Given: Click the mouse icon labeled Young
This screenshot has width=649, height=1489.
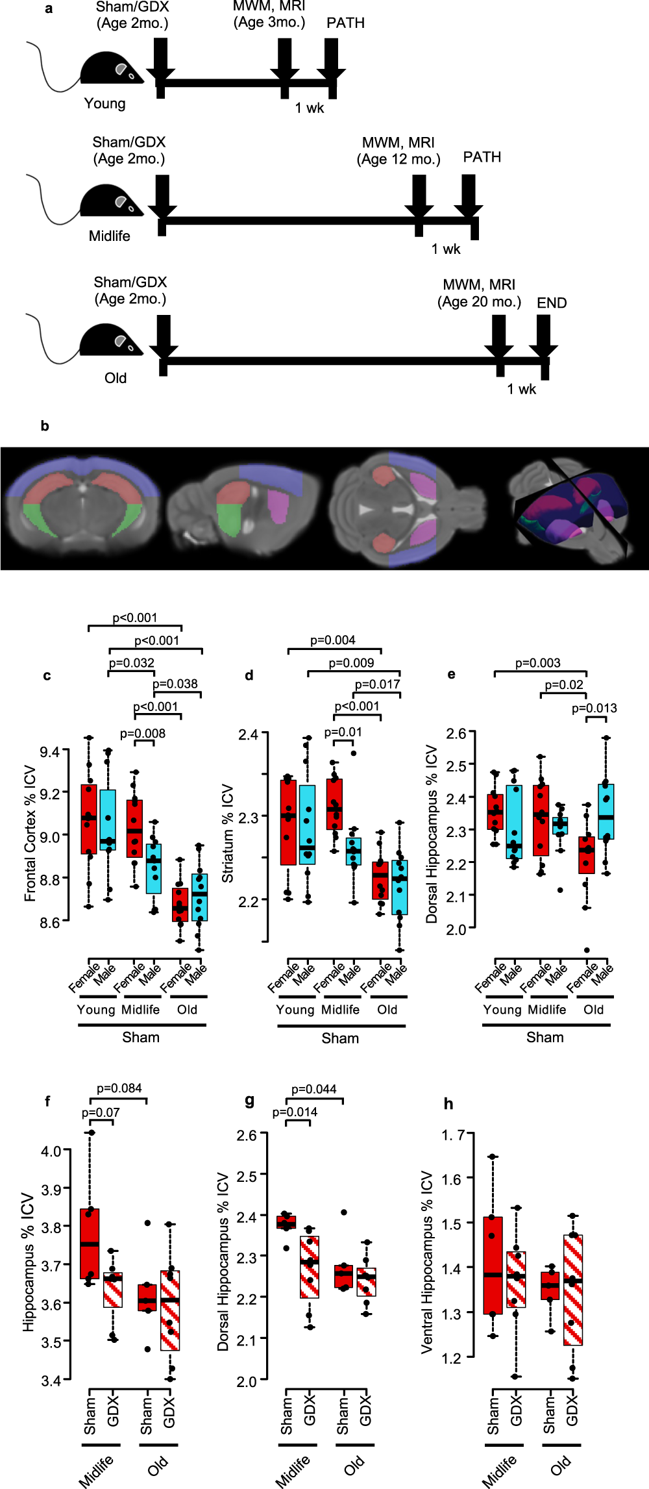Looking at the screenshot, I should click(110, 68).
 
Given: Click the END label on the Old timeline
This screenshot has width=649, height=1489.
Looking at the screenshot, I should click(552, 303).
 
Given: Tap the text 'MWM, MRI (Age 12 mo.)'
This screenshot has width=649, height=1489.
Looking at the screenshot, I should click(398, 151).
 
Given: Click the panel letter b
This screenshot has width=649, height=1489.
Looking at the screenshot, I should click(45, 426).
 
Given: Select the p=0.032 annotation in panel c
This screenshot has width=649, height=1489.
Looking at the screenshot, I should click(131, 663).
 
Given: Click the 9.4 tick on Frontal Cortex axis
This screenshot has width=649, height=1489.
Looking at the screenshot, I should click(50, 752).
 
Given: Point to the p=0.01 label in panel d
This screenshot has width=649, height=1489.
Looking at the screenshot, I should click(343, 732).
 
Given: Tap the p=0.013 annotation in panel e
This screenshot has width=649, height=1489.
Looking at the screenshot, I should click(594, 708).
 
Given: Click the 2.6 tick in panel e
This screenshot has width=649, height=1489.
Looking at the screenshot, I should click(456, 733).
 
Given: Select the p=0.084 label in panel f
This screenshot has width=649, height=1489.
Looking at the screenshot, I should click(119, 1088).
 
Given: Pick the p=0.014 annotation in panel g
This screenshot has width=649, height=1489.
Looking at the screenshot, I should click(295, 1112).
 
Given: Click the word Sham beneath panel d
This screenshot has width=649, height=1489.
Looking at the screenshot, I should click(340, 1038).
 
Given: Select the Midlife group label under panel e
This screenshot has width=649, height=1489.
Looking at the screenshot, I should click(546, 1010).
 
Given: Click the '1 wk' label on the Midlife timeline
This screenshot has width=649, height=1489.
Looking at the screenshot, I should click(446, 249).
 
